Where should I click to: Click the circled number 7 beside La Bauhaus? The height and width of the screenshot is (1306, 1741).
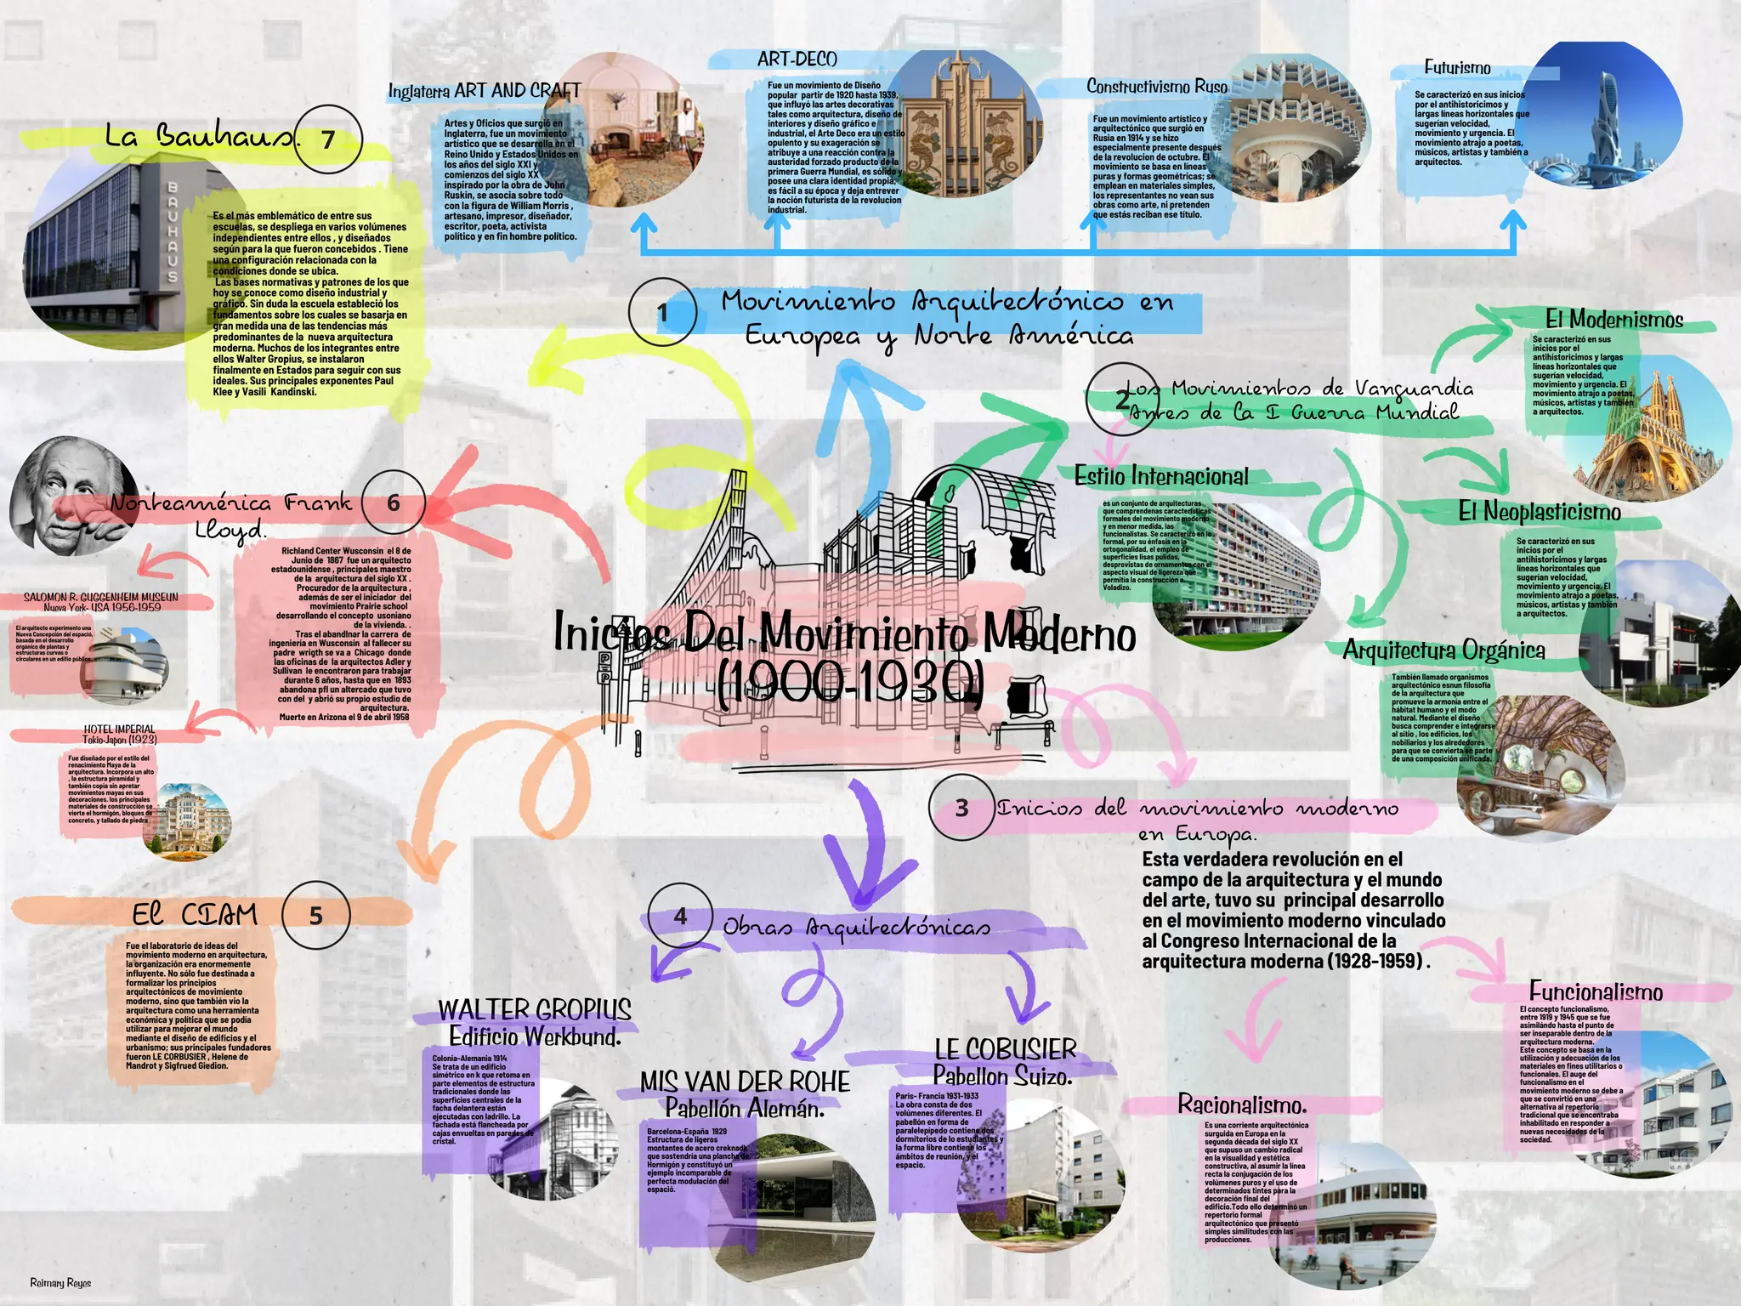point(328,139)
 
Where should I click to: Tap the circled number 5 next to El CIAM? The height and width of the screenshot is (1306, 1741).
point(315,916)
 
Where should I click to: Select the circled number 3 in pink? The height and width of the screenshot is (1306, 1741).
point(961,808)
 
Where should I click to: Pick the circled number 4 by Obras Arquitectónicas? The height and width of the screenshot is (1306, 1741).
point(680,917)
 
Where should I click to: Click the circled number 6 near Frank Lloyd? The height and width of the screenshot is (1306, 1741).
point(394,503)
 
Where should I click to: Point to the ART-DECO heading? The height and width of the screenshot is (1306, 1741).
point(797,59)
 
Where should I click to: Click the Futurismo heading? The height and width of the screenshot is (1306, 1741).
point(1457,67)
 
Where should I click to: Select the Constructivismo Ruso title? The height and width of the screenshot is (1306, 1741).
point(1156,86)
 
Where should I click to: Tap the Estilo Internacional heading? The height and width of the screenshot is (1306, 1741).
point(1161,476)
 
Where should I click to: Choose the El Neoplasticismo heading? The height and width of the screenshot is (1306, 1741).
point(1540,511)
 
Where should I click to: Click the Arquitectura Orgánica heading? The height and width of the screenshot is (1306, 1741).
point(1443,650)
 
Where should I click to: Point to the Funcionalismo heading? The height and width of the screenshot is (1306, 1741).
point(1596,991)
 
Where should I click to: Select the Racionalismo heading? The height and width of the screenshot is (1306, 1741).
point(1242,1104)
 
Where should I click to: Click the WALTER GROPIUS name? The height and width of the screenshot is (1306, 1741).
point(535,1009)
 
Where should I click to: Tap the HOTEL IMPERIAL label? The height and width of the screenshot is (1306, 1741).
point(119,729)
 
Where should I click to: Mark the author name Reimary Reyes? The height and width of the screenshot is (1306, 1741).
point(60,1283)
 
